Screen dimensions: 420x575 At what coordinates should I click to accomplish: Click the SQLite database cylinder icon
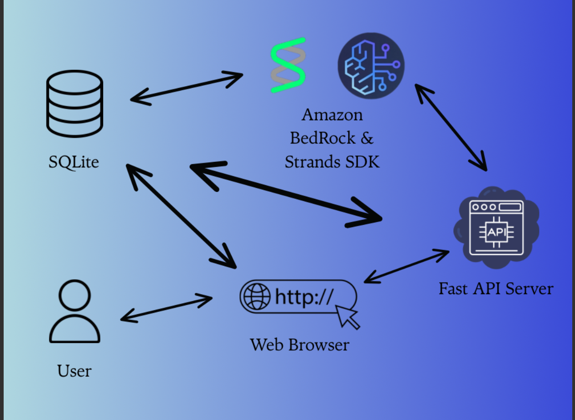[x=75, y=104]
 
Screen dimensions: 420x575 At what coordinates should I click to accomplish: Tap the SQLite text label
[x=73, y=162]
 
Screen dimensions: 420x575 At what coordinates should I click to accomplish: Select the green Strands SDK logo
[x=287, y=65]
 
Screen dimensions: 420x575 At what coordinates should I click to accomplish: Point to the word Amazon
[x=332, y=114]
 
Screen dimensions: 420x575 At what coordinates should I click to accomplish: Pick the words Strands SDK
[x=332, y=161]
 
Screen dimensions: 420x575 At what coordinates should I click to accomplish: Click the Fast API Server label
[x=496, y=288]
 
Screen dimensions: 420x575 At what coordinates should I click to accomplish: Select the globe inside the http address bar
[x=257, y=296]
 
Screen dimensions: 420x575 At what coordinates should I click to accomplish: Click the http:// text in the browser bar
[x=304, y=296]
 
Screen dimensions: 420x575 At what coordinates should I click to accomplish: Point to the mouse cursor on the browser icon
[x=347, y=316]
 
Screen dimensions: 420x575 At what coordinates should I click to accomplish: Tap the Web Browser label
[x=300, y=344]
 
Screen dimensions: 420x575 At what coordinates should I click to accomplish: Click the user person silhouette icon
[x=74, y=311]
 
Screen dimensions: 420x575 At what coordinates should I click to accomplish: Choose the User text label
[x=74, y=371]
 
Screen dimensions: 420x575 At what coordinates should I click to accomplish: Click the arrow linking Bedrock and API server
[x=451, y=127]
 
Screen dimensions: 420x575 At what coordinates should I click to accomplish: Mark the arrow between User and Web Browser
[x=166, y=308]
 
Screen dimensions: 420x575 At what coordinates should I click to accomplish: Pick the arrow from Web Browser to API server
[x=407, y=266]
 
